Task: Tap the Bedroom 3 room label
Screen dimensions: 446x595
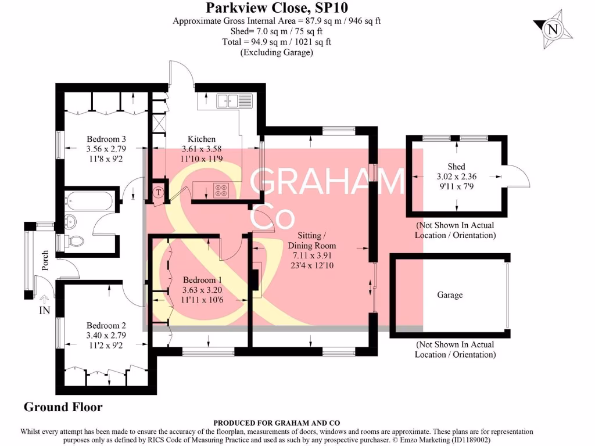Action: tap(106, 139)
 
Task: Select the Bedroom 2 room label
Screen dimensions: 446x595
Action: tap(106, 326)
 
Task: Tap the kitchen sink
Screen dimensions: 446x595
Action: tap(234, 101)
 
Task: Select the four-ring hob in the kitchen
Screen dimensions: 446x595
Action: tap(221, 190)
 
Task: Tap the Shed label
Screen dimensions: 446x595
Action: tap(457, 167)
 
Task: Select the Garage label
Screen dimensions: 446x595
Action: tap(450, 295)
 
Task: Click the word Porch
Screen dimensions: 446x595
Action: tap(45, 265)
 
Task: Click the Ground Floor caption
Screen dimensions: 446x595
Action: tap(63, 407)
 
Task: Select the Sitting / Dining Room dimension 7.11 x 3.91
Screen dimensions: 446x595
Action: tap(316, 255)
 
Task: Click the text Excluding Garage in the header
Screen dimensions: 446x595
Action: tap(277, 52)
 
